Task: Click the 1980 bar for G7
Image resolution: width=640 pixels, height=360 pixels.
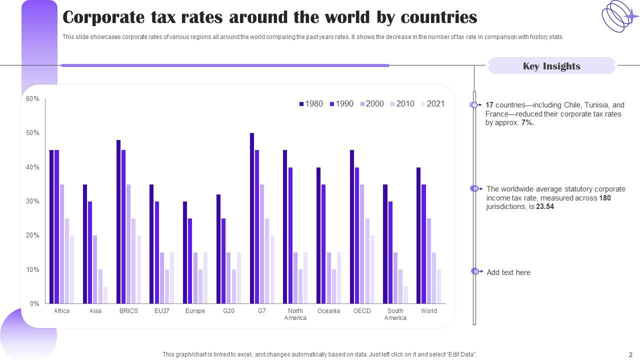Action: (252, 218)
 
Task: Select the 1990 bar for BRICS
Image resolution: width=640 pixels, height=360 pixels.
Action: (123, 226)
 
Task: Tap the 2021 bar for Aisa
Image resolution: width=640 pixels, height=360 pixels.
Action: (105, 295)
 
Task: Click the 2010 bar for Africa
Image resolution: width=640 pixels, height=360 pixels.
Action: (67, 260)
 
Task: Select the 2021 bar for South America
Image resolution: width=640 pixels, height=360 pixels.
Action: (405, 295)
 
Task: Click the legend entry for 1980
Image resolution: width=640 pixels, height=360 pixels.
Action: (310, 104)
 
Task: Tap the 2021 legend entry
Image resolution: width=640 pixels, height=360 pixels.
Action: (432, 104)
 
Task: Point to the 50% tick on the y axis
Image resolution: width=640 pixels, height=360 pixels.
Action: (33, 133)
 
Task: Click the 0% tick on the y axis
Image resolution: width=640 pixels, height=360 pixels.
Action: (34, 303)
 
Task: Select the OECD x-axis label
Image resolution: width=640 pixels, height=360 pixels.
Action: (362, 311)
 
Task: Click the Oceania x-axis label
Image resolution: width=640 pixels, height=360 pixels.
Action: (328, 311)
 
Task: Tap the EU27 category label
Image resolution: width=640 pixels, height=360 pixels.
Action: (161, 311)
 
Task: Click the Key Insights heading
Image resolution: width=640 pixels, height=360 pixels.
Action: (551, 66)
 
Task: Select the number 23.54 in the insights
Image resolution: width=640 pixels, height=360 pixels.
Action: (544, 206)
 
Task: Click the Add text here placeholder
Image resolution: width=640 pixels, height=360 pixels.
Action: (508, 272)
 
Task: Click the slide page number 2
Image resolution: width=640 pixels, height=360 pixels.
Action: (630, 354)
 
